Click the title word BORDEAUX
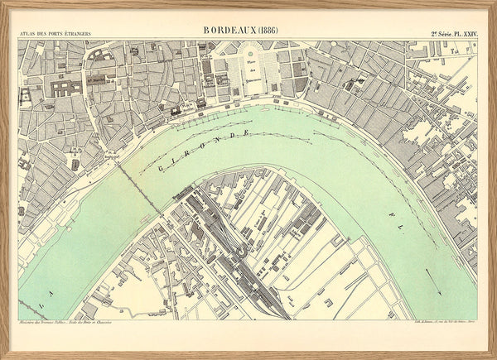(229, 30)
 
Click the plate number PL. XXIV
(461, 34)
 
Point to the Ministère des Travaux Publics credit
(55, 324)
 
